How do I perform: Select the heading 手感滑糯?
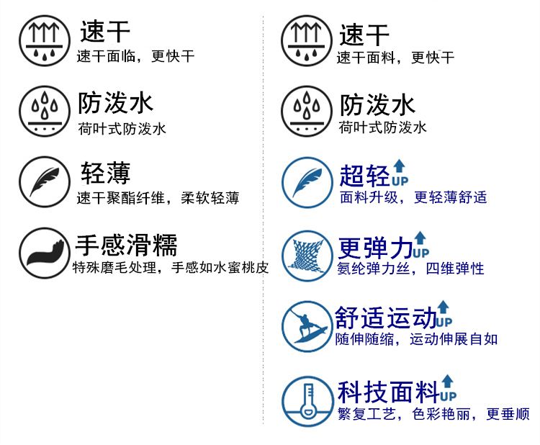click(126, 246)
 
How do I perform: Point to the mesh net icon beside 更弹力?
click(305, 254)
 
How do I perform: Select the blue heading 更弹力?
click(375, 248)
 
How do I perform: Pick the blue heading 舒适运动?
click(385, 318)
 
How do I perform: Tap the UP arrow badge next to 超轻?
click(400, 172)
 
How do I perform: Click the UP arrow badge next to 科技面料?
click(448, 388)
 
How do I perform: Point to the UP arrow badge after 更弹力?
click(420, 245)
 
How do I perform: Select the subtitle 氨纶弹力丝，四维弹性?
click(410, 269)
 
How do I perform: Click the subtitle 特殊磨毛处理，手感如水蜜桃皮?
click(171, 269)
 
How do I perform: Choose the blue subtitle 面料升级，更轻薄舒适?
click(413, 197)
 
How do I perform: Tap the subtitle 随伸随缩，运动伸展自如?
click(415, 338)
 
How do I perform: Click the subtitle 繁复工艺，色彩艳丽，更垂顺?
click(433, 414)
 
